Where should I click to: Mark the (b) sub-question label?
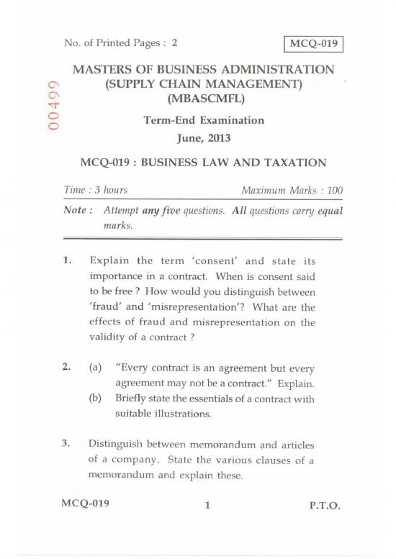coord(94,398)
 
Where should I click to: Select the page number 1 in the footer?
coord(207,505)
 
